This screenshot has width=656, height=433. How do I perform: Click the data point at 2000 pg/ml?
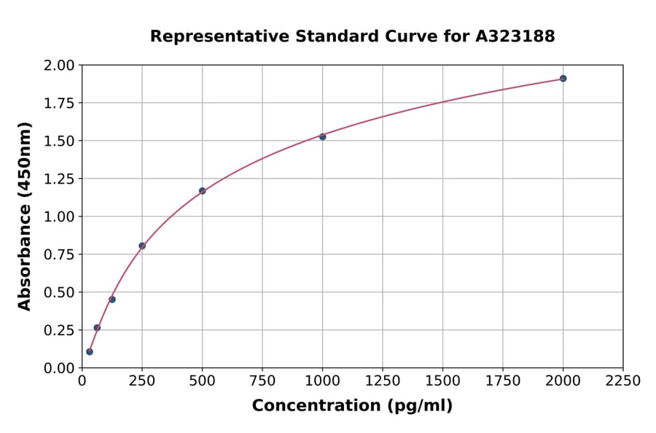pyautogui.click(x=563, y=78)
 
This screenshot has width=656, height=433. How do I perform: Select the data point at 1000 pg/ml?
pyautogui.click(x=322, y=136)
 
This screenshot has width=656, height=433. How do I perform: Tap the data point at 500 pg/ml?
pyautogui.click(x=202, y=191)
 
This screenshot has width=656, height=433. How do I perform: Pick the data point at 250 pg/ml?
pyautogui.click(x=142, y=246)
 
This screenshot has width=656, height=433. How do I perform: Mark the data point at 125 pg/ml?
pyautogui.click(x=112, y=300)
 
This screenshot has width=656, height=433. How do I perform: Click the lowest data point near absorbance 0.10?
pyautogui.click(x=90, y=351)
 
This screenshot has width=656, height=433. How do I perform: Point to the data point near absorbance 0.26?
pyautogui.click(x=97, y=327)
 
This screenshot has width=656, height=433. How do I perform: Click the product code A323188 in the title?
pyautogui.click(x=515, y=36)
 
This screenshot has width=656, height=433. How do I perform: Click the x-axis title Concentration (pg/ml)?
pyautogui.click(x=352, y=406)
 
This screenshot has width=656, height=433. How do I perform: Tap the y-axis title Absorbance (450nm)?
pyautogui.click(x=25, y=216)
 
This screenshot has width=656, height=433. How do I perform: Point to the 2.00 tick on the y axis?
pyautogui.click(x=60, y=66)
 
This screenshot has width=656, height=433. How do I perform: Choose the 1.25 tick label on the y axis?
pyautogui.click(x=60, y=179)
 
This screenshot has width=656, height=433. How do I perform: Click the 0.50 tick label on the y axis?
pyautogui.click(x=60, y=292)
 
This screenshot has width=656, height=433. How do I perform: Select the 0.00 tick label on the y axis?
pyautogui.click(x=60, y=368)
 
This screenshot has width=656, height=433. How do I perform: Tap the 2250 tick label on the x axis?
pyautogui.click(x=622, y=381)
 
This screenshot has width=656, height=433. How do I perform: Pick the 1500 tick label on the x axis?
pyautogui.click(x=442, y=381)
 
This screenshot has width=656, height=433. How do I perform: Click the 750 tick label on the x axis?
pyautogui.click(x=262, y=381)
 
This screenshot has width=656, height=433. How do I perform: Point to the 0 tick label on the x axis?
pyautogui.click(x=82, y=381)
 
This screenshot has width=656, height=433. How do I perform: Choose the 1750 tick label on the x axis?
pyautogui.click(x=502, y=381)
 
